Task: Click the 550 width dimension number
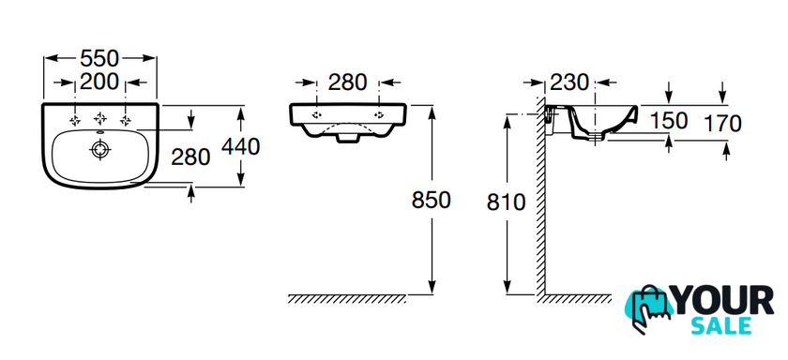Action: [x=99, y=59]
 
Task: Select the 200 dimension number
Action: [x=99, y=82]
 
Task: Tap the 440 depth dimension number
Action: [x=241, y=146]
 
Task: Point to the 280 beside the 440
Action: [x=190, y=157]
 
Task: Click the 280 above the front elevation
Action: [x=348, y=82]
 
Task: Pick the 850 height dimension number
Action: [x=432, y=200]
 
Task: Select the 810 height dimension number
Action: [x=506, y=202]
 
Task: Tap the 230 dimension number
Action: [x=569, y=82]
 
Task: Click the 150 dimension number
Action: [x=669, y=121]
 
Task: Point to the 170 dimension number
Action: [x=722, y=124]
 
